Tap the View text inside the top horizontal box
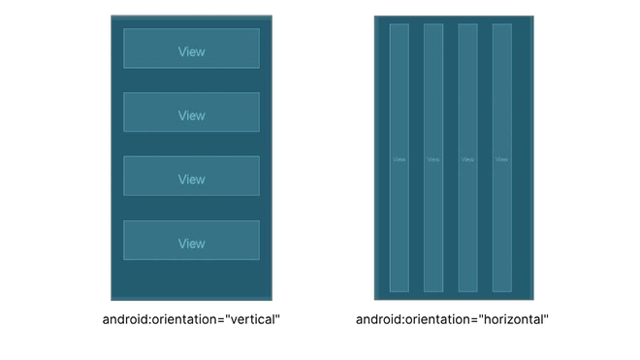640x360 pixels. tap(191, 51)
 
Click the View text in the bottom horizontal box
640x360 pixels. tap(191, 244)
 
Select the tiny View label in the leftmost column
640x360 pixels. tap(399, 159)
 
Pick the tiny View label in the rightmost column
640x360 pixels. tap(501, 159)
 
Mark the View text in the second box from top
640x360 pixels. tap(191, 115)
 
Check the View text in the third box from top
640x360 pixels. tap(191, 180)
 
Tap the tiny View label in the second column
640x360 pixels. tap(433, 159)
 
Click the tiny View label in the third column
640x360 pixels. tap(467, 159)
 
